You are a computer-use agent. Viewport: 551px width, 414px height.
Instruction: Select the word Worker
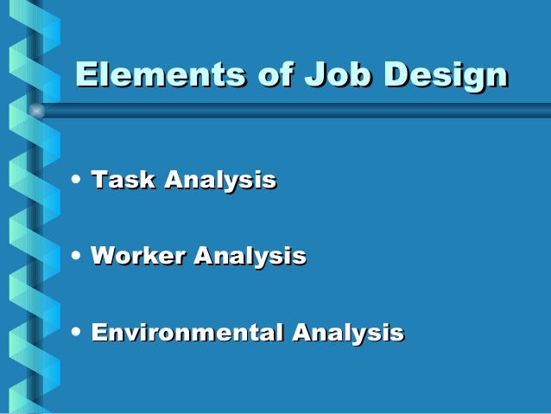point(138,257)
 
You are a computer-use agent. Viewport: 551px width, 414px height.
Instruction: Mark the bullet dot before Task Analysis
point(79,182)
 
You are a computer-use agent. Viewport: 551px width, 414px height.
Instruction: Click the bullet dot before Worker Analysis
point(79,257)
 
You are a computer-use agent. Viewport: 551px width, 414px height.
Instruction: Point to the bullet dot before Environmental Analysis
point(79,332)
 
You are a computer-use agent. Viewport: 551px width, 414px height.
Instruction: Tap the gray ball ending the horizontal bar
point(36,111)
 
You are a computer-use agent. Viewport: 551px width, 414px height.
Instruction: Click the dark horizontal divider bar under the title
point(294,111)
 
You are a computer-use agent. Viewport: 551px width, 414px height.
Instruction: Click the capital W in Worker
point(104,257)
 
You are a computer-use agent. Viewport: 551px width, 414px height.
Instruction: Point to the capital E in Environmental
point(98,333)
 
